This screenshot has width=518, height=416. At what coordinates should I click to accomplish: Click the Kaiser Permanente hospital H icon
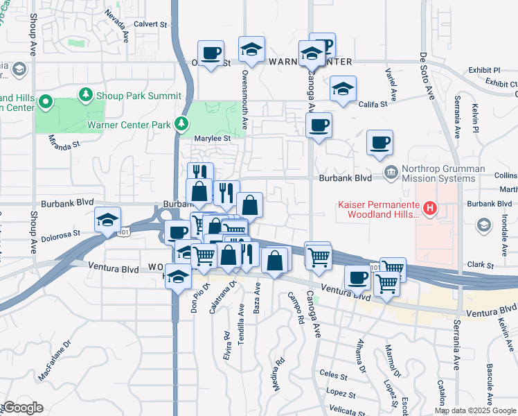coord(430,207)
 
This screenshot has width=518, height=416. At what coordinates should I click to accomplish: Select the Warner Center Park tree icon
coord(181,124)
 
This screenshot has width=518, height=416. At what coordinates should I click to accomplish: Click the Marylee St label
coord(211,138)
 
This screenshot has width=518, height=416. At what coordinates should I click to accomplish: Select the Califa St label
coord(374,105)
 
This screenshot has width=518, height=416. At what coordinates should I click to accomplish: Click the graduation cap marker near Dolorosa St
coord(107,220)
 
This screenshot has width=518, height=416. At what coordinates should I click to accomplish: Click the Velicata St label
coord(347,409)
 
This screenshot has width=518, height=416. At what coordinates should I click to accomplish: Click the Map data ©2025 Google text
coord(474,410)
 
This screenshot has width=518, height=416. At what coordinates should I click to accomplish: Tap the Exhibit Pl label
coord(484,70)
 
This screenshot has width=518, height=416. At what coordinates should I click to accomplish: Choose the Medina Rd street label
coord(278,372)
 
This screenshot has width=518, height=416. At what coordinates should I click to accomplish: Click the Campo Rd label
coord(297,309)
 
